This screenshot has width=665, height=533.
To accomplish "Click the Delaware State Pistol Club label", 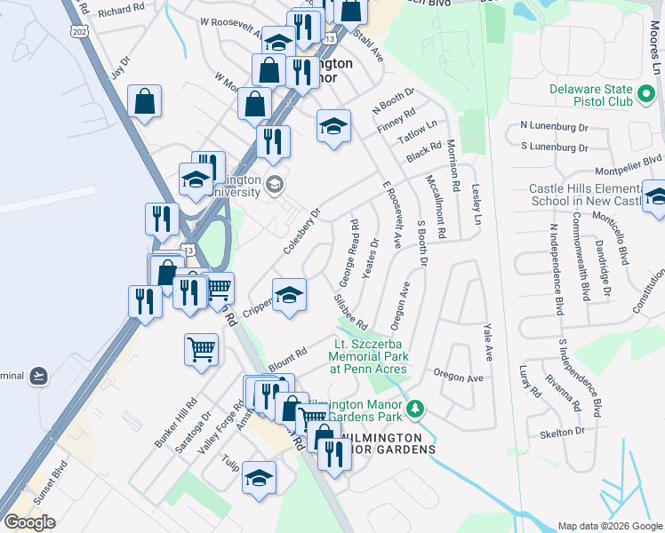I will tap(590, 95).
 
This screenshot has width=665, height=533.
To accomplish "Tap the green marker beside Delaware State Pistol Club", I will tap(646, 91).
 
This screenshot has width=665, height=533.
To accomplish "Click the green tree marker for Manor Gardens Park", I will tap(414, 409).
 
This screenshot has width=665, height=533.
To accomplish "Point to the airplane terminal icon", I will tap(36, 376).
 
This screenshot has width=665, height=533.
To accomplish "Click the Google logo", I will tap(29, 522).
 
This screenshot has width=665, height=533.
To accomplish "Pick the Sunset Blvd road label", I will tap(50, 482).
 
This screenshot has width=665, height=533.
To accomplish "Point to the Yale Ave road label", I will tap(487, 340).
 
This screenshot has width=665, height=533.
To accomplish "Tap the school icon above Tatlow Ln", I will tap(333, 124).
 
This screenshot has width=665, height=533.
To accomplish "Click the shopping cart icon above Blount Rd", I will tap(202, 347).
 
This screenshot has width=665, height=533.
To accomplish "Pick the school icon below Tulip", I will tap(259, 477).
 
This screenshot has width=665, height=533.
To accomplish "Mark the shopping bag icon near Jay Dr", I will tap(144, 101).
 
